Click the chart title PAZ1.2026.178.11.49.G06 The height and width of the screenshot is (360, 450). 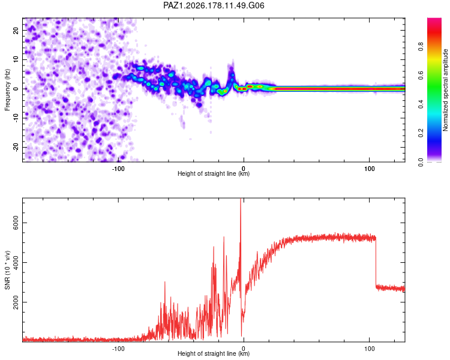click(214, 5)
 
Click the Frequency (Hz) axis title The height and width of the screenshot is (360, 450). click(7, 90)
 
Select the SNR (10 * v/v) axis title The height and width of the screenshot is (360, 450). click(7, 270)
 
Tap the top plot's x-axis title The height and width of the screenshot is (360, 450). click(214, 173)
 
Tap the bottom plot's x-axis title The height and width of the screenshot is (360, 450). click(214, 353)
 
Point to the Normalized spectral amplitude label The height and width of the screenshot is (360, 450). click(445, 90)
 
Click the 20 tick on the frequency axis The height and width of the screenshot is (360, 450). click(16, 30)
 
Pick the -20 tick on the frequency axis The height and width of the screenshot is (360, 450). click(16, 147)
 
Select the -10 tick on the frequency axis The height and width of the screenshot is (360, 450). click(16, 118)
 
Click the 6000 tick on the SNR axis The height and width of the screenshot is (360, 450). click(16, 223)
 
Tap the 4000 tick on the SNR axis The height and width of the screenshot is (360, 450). click(16, 262)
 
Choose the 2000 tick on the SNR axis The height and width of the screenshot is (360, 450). click(16, 302)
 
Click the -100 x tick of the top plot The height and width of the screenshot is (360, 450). click(118, 169)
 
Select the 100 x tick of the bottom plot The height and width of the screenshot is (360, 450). click(370, 349)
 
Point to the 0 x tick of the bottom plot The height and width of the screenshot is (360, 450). click(244, 349)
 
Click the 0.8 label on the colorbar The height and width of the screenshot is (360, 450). click(421, 46)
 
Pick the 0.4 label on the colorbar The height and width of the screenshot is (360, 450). click(421, 104)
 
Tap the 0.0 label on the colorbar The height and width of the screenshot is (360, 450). click(421, 162)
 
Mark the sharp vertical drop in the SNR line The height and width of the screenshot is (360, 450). click(376, 261)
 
